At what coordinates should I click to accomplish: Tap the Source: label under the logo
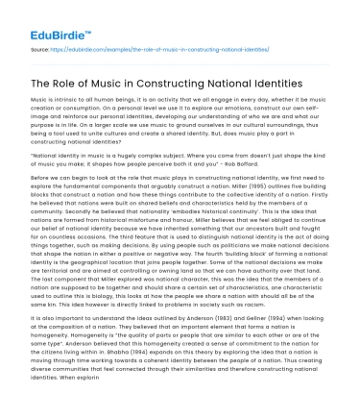pyautogui.click(x=39, y=46)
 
